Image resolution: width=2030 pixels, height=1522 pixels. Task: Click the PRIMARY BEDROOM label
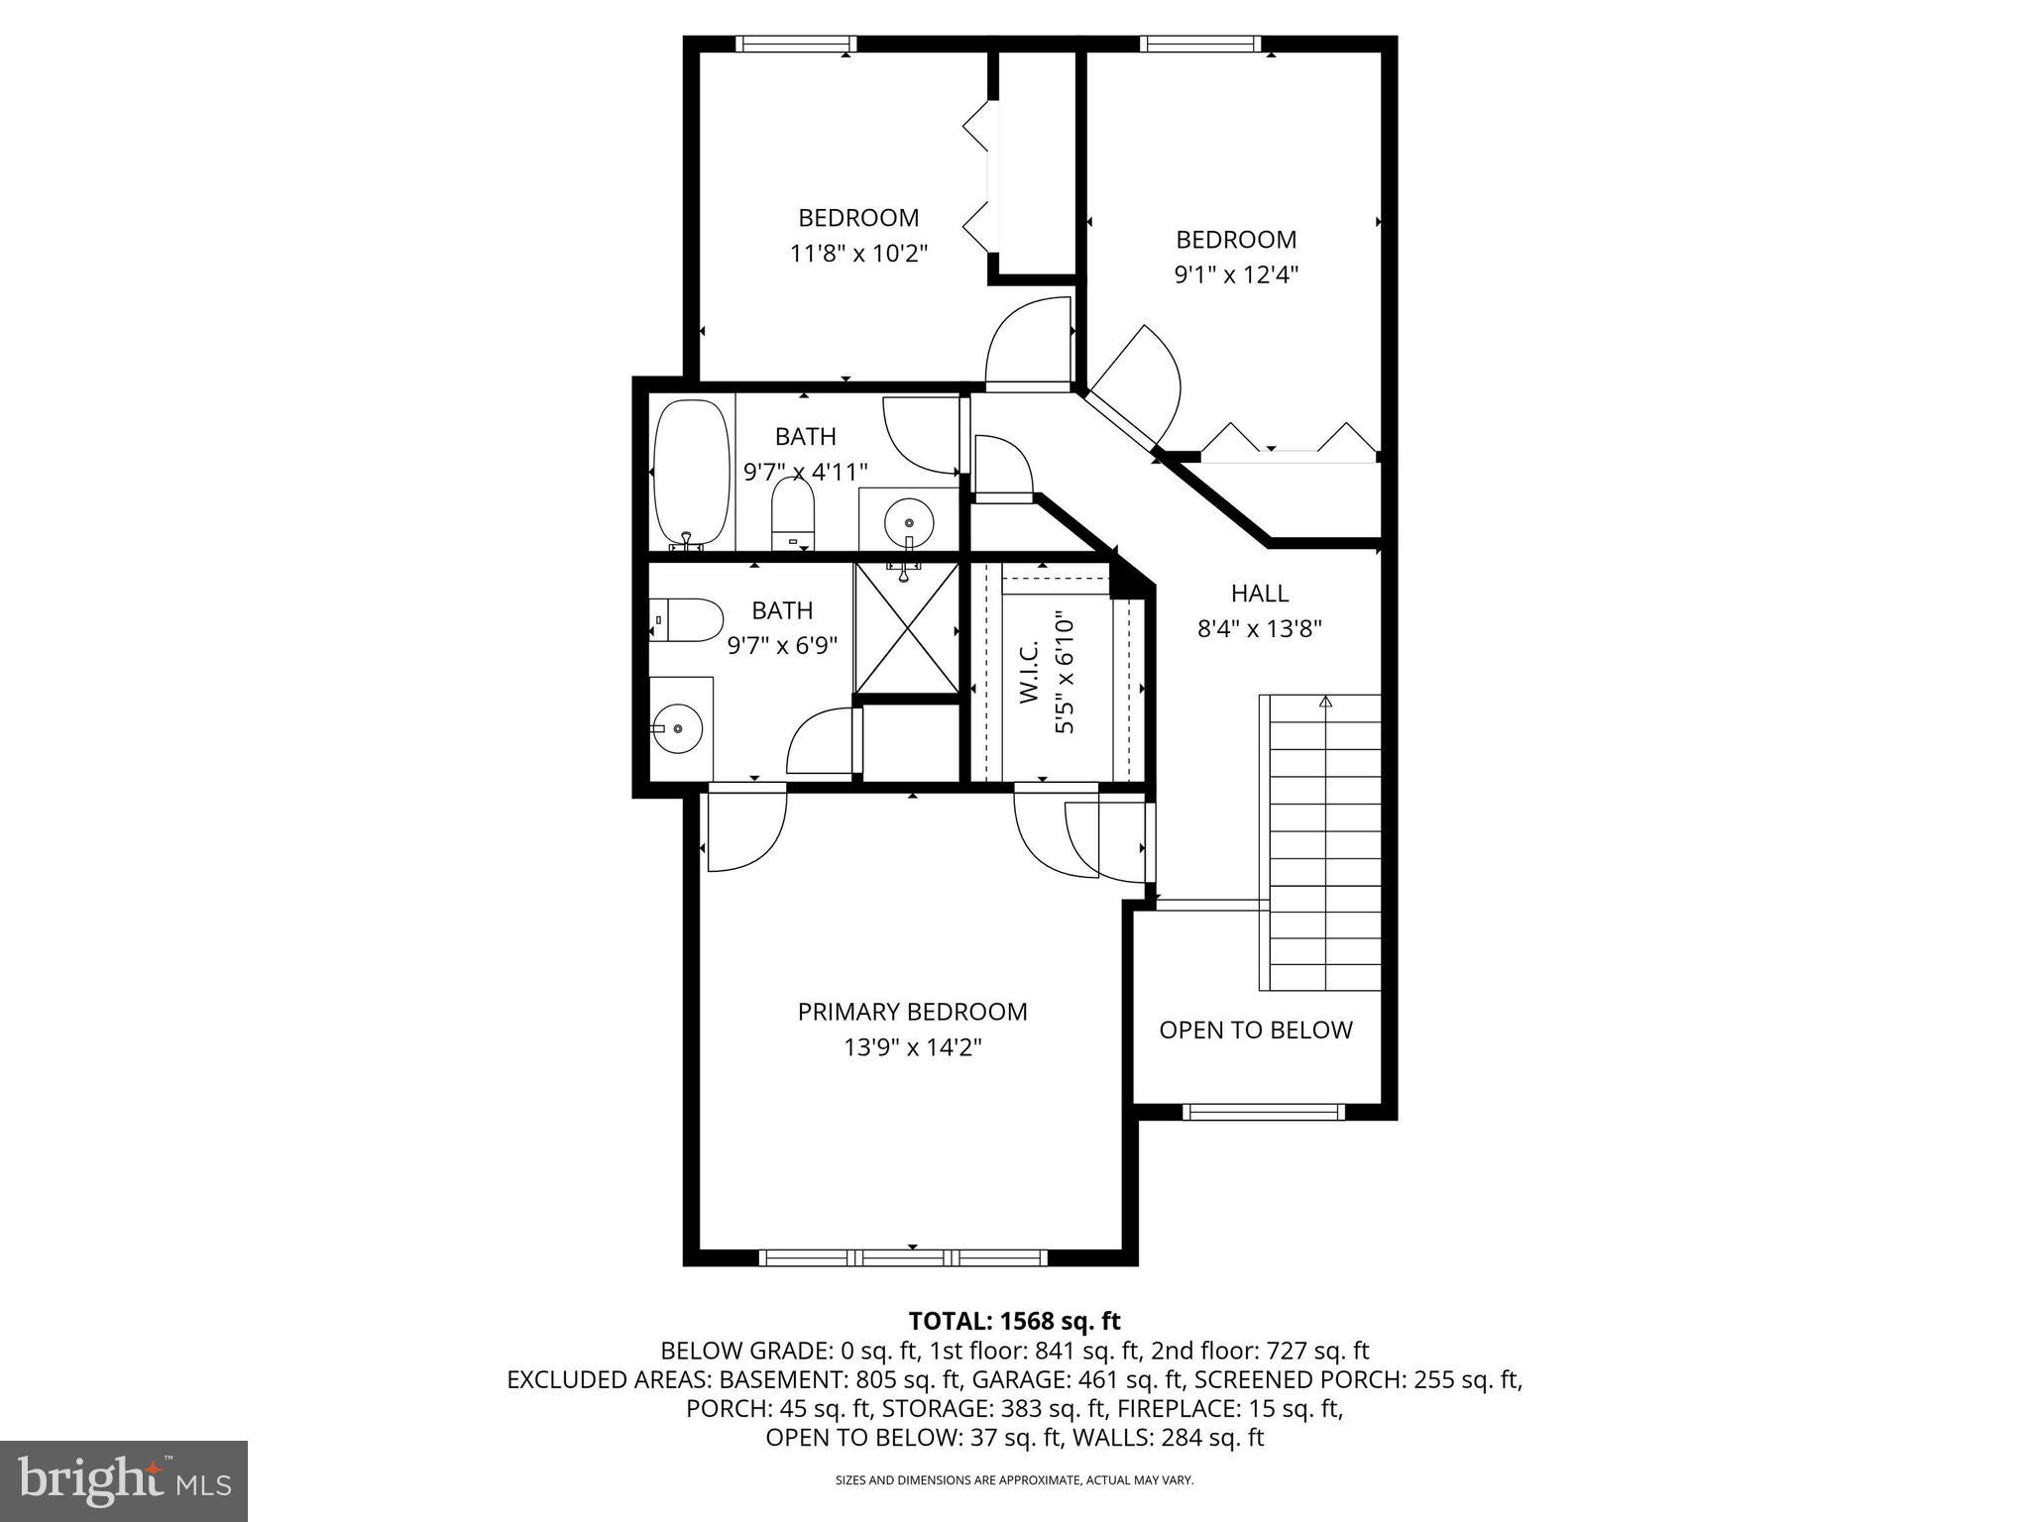click(912, 1012)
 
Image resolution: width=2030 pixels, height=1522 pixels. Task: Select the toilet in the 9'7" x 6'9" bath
click(686, 620)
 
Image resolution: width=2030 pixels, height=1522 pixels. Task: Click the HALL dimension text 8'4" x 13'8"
click(1260, 628)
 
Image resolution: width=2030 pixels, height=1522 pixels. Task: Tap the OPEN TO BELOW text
click(1256, 1030)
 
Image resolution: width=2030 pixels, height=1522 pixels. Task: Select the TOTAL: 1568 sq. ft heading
click(1014, 1321)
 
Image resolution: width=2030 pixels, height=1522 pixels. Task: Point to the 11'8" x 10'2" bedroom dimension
click(858, 254)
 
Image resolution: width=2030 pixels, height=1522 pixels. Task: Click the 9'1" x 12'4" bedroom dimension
click(1236, 274)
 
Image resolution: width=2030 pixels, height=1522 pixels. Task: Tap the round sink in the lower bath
click(678, 728)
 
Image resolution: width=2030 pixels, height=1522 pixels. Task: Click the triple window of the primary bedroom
click(903, 1257)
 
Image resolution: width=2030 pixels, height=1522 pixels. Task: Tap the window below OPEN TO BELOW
click(1264, 1112)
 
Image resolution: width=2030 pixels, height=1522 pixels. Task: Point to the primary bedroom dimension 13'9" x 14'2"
click(912, 1047)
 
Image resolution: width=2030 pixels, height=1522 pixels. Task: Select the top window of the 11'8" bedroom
click(796, 44)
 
